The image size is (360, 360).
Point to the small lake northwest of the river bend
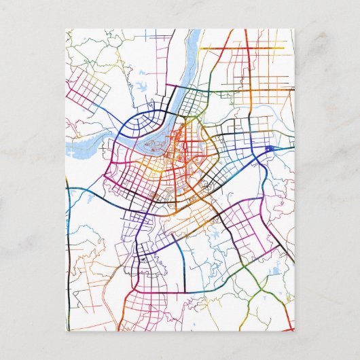pos(143,87)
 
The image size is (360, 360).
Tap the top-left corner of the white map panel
pos(67,29)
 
